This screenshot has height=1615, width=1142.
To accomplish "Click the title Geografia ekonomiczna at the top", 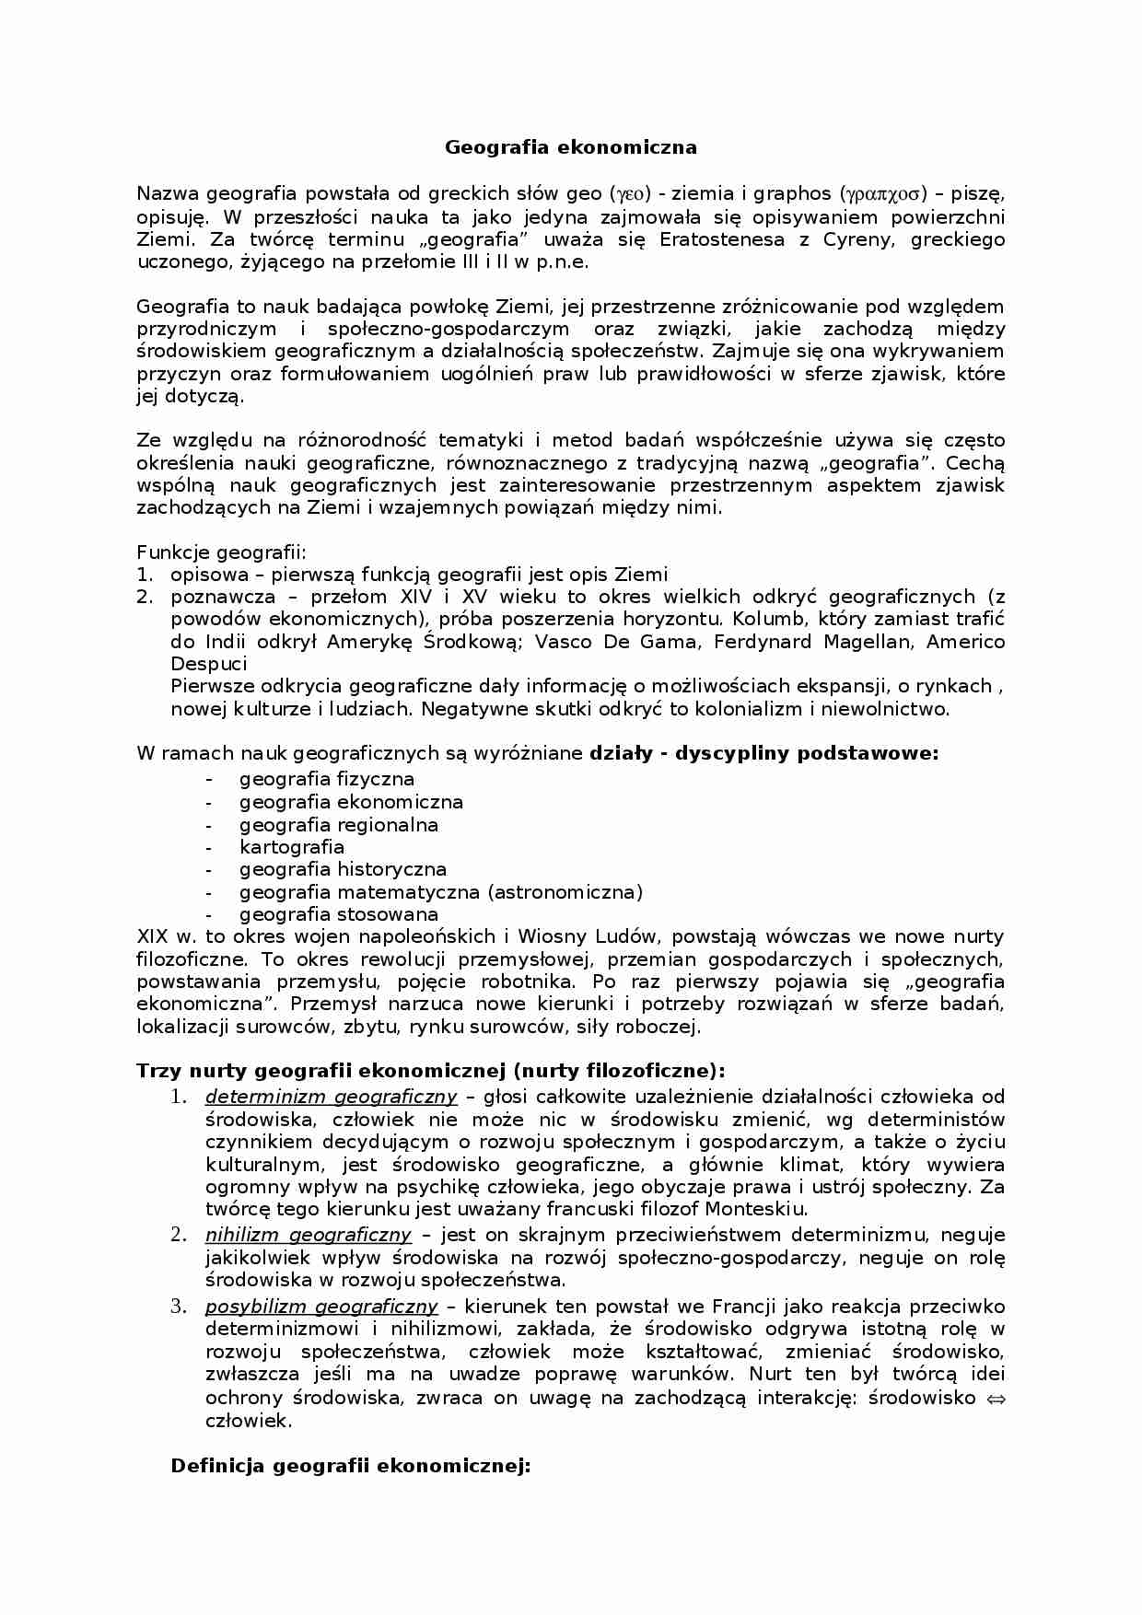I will [571, 147].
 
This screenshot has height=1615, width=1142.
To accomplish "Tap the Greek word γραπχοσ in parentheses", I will [883, 194].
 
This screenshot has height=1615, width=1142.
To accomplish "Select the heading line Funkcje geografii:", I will [221, 552].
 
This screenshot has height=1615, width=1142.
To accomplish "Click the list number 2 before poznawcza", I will [145, 597].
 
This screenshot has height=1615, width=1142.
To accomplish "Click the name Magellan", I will [872, 642].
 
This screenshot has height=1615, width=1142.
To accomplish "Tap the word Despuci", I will [208, 664].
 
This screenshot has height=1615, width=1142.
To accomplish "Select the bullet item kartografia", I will [291, 847].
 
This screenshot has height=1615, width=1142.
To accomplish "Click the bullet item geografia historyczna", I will [343, 869].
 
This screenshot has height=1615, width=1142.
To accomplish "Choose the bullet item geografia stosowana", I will [338, 914].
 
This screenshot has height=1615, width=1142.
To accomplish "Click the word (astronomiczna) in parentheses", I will [565, 892].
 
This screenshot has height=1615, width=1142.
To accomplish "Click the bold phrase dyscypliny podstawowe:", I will [807, 753].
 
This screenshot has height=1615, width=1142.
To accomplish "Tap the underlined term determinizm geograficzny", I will [331, 1097].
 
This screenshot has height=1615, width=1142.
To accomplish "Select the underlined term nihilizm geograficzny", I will [308, 1235].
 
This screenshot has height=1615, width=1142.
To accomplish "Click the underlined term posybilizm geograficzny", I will [320, 1307].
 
